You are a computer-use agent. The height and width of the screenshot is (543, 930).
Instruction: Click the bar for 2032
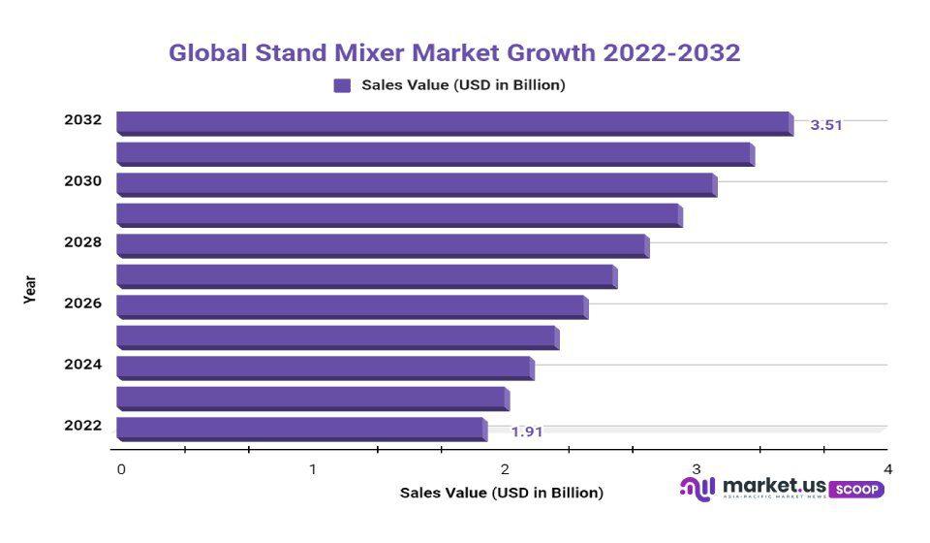(x=453, y=122)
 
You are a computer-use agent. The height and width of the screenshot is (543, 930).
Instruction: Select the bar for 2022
(x=300, y=428)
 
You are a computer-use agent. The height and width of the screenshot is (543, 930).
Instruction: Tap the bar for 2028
(x=382, y=244)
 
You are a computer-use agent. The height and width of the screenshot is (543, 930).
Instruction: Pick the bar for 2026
(x=351, y=305)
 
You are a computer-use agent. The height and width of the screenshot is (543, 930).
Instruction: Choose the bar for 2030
(x=416, y=183)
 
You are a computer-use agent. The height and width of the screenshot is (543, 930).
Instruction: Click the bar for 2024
(x=325, y=367)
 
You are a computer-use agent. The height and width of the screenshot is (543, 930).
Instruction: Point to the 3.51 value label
(x=826, y=125)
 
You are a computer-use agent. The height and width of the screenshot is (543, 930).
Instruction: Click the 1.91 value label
(x=527, y=431)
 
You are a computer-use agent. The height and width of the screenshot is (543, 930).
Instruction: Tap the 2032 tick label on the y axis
(x=82, y=120)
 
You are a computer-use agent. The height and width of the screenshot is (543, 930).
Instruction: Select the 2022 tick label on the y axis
(x=82, y=425)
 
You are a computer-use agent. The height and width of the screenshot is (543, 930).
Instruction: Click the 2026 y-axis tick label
(x=82, y=303)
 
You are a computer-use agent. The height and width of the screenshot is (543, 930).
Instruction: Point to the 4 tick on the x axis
(x=887, y=469)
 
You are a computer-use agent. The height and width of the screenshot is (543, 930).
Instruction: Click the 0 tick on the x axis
(x=121, y=469)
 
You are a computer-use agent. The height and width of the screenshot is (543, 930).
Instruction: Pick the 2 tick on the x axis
(x=505, y=469)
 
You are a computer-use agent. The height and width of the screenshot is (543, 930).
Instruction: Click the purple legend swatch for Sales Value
(x=342, y=85)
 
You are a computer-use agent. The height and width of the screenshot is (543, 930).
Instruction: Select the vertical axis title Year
(x=30, y=290)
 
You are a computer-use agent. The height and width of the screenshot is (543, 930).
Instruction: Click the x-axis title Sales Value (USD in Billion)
(x=501, y=493)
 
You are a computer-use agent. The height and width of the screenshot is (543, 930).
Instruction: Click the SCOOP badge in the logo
(x=856, y=490)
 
